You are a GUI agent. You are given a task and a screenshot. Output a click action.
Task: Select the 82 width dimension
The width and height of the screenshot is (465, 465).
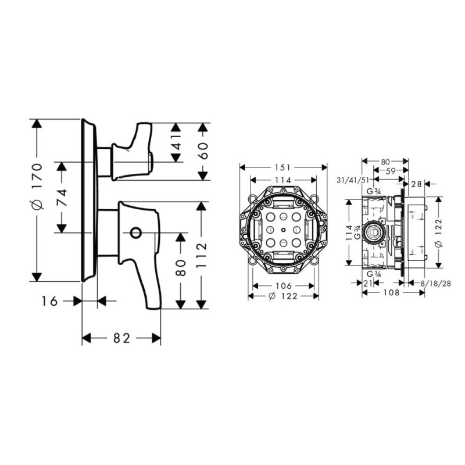121,338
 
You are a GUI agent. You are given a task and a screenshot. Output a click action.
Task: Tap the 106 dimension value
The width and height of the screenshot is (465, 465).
284,285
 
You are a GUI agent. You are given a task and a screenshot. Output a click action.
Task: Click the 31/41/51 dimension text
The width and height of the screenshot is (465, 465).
353,180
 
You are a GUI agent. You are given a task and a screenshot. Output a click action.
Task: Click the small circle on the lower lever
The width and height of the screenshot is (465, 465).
135,233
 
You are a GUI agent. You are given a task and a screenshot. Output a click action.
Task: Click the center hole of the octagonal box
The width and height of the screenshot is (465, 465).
284,231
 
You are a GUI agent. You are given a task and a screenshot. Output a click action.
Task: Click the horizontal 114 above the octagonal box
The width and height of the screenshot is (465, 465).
284,180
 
